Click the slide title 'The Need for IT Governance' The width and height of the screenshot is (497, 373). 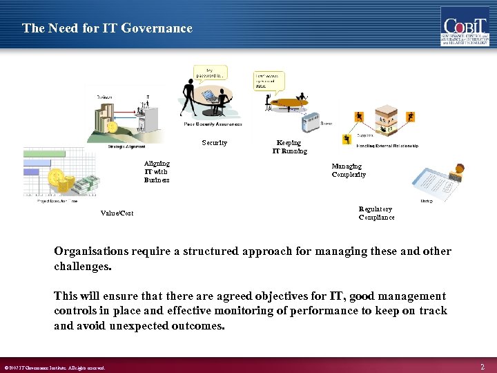(x=107, y=28)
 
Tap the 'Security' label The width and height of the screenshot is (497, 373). (x=214, y=143)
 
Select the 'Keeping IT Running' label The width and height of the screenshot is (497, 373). (x=289, y=146)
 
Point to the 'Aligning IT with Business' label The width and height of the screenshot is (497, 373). (x=157, y=172)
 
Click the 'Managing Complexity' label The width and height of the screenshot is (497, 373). (x=348, y=171)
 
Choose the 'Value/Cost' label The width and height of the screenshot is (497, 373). (x=117, y=213)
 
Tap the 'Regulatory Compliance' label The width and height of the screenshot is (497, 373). (x=376, y=213)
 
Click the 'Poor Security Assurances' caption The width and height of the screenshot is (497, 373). (x=213, y=124)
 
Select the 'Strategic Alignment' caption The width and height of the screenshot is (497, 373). (x=126, y=146)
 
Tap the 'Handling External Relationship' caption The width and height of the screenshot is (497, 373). (x=387, y=146)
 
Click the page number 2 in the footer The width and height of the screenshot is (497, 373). (x=483, y=366)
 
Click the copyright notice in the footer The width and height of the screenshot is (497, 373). (x=55, y=367)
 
